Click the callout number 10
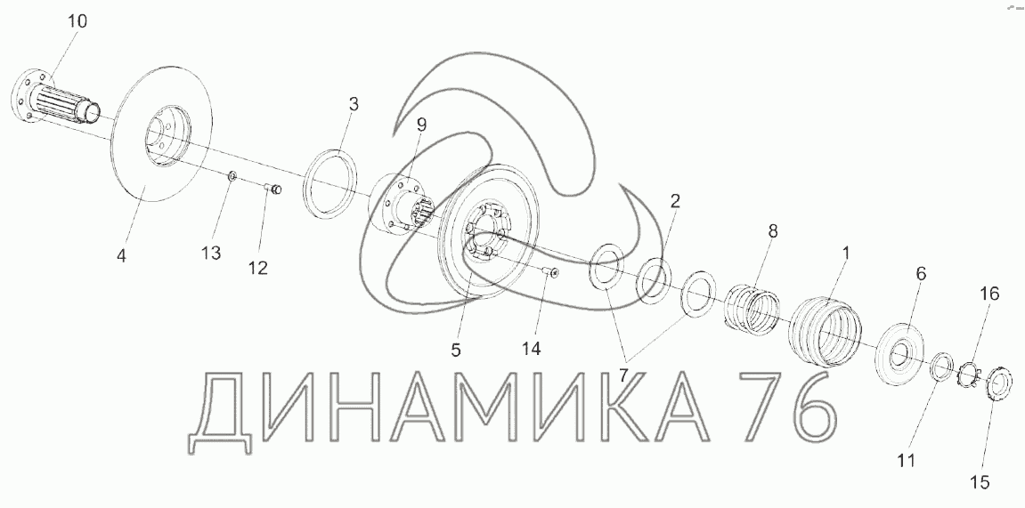[77, 20]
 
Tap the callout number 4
[122, 255]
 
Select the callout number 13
[210, 254]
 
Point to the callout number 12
[257, 266]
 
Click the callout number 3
[354, 104]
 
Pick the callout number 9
[421, 125]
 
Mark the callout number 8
[772, 231]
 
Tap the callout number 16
[989, 294]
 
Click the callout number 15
[980, 482]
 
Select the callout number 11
[906, 461]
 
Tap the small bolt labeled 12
[273, 188]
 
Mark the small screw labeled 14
[551, 273]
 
